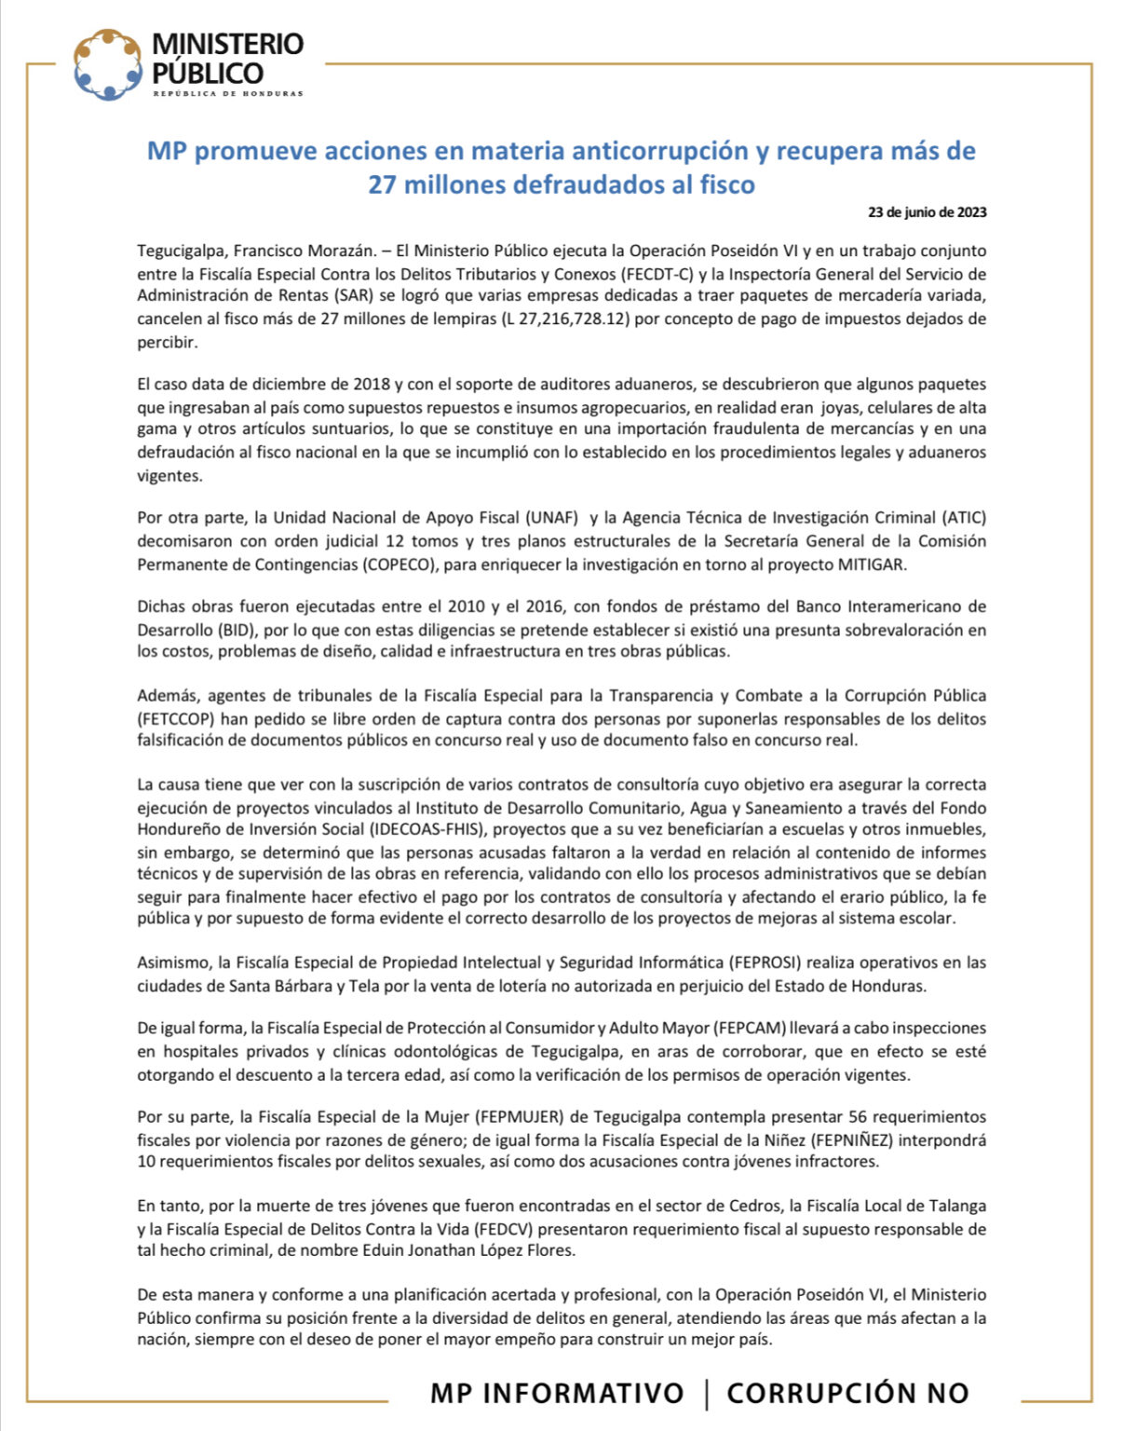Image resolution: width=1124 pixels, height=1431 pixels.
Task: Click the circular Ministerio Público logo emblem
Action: pyautogui.click(x=108, y=64)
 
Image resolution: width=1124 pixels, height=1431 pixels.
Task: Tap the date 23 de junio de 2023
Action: pyautogui.click(x=927, y=211)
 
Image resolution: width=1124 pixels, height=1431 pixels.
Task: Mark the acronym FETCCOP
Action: pyautogui.click(x=176, y=719)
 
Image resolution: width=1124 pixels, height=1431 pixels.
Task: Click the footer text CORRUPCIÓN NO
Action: pyautogui.click(x=847, y=1393)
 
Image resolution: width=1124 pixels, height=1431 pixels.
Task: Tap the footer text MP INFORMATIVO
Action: pyautogui.click(x=557, y=1393)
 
